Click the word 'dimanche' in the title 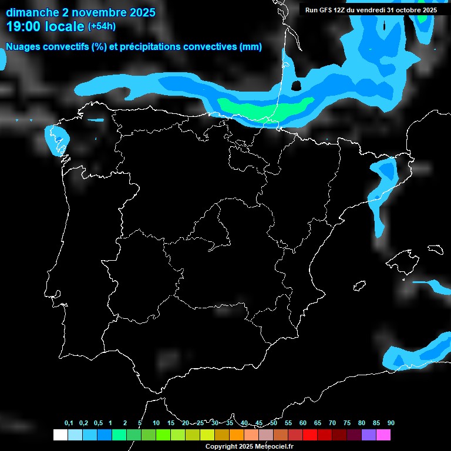point(30,12)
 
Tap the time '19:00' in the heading point(25,26)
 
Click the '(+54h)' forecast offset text point(102,26)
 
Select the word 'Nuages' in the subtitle point(25,47)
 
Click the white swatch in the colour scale point(60,435)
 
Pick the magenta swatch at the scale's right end point(383,435)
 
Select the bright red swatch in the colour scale point(309,435)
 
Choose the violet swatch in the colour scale point(368,435)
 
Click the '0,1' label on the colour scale point(69,423)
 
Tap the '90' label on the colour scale point(391,423)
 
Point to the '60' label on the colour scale point(302,423)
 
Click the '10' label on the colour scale point(156,423)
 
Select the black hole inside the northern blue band point(296,86)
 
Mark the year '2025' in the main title point(138,12)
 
